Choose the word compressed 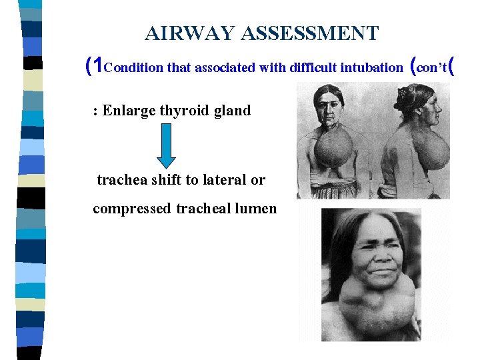[x=132, y=209]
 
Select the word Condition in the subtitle [x=135, y=67]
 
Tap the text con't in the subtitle [x=434, y=67]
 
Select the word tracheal [x=207, y=209]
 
